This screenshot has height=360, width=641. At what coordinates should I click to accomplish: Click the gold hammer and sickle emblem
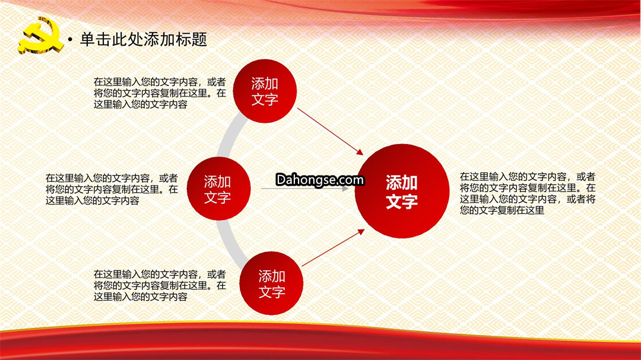tap(40, 36)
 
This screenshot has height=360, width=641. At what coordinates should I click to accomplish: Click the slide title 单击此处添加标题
tap(144, 39)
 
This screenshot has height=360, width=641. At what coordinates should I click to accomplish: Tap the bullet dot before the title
tap(70, 40)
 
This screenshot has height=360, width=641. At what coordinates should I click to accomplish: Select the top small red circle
tap(265, 91)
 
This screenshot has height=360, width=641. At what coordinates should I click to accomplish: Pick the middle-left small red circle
tap(218, 189)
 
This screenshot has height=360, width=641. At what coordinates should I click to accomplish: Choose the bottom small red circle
tap(271, 283)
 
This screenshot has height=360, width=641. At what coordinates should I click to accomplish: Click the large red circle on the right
tap(402, 191)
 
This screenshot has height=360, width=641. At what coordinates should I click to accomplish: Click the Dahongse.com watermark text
tap(320, 179)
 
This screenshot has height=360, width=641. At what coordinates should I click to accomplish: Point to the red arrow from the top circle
tap(331, 132)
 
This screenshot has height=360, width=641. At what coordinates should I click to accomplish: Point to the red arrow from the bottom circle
tap(333, 248)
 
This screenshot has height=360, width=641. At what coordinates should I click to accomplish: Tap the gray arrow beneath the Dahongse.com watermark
tap(305, 189)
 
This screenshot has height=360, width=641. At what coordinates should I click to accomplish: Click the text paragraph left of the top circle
tap(160, 93)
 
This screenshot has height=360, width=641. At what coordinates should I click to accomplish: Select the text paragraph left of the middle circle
tap(112, 189)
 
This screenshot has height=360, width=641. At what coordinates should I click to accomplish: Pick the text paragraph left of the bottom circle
tap(160, 285)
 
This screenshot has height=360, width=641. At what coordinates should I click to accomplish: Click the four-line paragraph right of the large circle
tap(528, 193)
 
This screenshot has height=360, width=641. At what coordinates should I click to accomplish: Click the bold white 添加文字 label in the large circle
tap(402, 192)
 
